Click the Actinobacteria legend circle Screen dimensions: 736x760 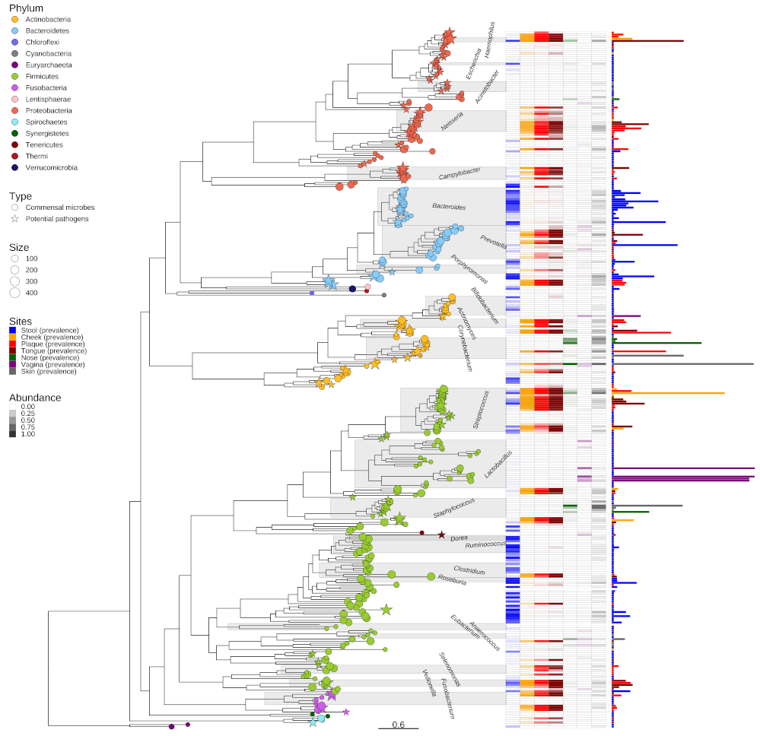tap(14, 19)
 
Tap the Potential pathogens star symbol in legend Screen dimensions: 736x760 tap(14, 218)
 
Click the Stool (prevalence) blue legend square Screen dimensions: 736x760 tap(12, 330)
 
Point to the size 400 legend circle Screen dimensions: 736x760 tap(14, 292)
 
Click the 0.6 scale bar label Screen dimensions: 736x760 tap(398, 724)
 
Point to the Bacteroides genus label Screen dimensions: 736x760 tap(449, 206)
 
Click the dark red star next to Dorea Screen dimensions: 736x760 tap(440, 535)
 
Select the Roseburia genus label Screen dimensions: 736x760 tap(453, 579)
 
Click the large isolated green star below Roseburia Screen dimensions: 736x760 tap(386, 608)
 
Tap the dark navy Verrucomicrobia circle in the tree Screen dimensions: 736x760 tap(352, 288)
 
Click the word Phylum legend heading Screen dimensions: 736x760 tap(26, 8)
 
